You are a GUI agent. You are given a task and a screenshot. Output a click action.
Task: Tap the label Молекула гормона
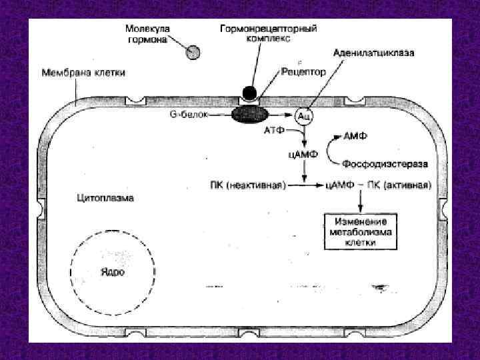[147, 34]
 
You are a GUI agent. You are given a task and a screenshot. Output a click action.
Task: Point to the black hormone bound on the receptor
[248, 93]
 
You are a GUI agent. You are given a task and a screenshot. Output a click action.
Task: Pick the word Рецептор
[303, 71]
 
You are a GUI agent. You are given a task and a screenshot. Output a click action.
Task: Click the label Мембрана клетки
[83, 71]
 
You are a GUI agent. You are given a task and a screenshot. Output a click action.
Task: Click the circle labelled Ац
[304, 116]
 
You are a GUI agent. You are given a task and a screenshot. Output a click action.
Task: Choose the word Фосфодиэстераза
[385, 163]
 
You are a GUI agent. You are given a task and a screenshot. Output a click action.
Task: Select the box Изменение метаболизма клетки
[361, 231]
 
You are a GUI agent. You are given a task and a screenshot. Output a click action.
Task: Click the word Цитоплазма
[105, 198]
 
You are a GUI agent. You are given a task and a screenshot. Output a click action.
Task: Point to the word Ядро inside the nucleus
[111, 273]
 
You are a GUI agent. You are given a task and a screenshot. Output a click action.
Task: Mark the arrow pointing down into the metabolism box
[361, 201]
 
